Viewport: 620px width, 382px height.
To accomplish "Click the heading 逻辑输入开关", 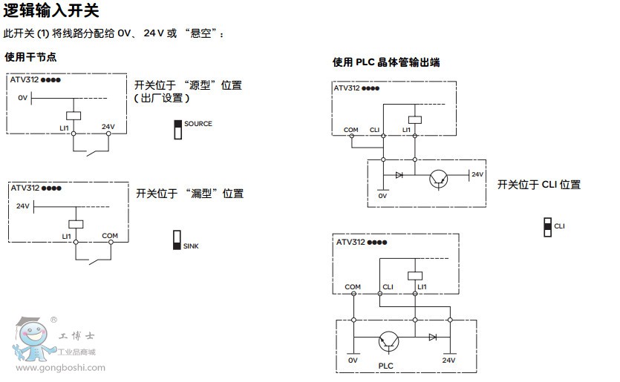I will click(50, 11).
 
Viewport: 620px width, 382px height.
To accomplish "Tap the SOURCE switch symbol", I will click(178, 129).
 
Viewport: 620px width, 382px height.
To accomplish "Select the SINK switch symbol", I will click(177, 239).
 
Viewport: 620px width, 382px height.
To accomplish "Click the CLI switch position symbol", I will click(548, 227).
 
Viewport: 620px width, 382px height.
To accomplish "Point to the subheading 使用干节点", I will click(30, 57).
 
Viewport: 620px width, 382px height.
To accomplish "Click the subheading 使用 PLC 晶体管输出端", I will click(386, 63).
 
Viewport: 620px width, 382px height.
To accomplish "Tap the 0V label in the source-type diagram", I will click(22, 98).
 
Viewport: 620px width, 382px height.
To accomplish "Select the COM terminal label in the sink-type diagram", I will click(110, 236).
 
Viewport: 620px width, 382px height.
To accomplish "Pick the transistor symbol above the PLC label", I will click(389, 340).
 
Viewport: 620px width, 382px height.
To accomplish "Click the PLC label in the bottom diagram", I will click(386, 366).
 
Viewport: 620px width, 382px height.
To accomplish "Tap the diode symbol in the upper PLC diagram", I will click(400, 176).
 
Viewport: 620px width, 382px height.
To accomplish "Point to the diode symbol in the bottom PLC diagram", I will click(433, 337).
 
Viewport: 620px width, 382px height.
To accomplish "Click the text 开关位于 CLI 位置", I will click(538, 185).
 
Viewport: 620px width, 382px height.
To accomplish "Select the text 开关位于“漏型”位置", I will click(189, 194).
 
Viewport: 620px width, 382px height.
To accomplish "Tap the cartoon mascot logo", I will click(30, 338).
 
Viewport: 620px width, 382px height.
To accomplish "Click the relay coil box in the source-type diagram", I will click(74, 115).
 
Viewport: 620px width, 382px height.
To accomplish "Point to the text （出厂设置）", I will click(162, 98).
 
